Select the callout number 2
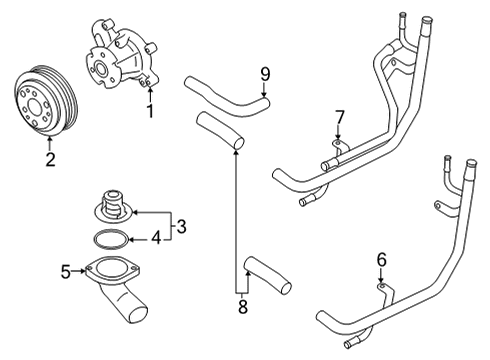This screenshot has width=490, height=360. [50, 157]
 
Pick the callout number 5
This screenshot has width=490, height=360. [66, 269]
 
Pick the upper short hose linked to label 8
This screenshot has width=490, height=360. [219, 132]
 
